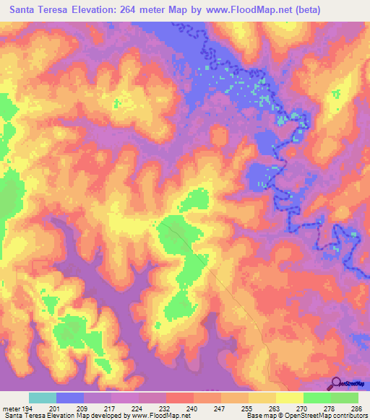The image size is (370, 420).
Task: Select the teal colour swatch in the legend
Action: (42, 398)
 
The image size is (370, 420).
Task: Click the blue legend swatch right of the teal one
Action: (69, 398)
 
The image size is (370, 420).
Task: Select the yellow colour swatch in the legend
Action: (289, 398)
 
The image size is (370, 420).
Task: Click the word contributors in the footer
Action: (345, 416)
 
